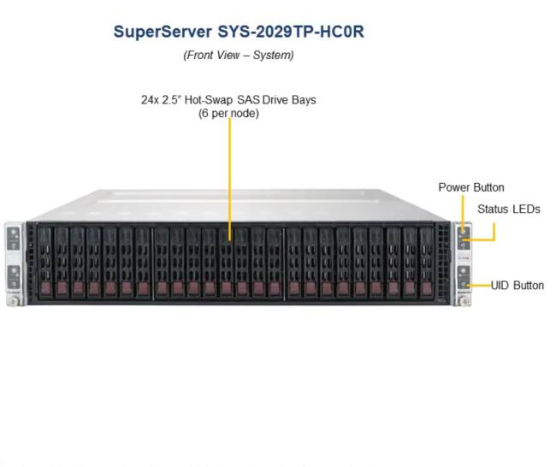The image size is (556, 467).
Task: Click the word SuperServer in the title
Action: tap(163, 32)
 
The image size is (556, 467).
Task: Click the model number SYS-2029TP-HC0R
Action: tap(291, 32)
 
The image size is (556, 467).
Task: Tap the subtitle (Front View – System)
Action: tap(239, 56)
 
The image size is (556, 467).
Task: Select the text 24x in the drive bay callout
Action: tap(150, 100)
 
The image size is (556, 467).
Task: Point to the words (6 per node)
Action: tap(228, 114)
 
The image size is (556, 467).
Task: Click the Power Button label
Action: tap(471, 187)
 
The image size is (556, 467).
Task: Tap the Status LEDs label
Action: tap(509, 210)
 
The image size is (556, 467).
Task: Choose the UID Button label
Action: tap(518, 286)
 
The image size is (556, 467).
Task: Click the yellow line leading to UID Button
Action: tap(479, 285)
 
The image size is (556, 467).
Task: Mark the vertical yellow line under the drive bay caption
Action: tap(230, 179)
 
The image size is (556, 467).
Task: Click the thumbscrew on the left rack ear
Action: tap(13, 301)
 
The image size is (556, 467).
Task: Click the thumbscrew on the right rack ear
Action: tap(464, 301)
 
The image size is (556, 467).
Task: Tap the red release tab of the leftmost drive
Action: tap(45, 288)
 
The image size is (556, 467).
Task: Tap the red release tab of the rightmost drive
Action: tap(427, 288)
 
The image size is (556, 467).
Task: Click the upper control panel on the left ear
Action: tap(14, 239)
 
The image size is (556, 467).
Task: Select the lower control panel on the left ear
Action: tap(14, 277)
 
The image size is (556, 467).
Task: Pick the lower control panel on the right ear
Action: tap(464, 277)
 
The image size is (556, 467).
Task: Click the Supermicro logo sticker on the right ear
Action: tap(464, 258)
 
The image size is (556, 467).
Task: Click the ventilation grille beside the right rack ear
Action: tap(442, 263)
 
